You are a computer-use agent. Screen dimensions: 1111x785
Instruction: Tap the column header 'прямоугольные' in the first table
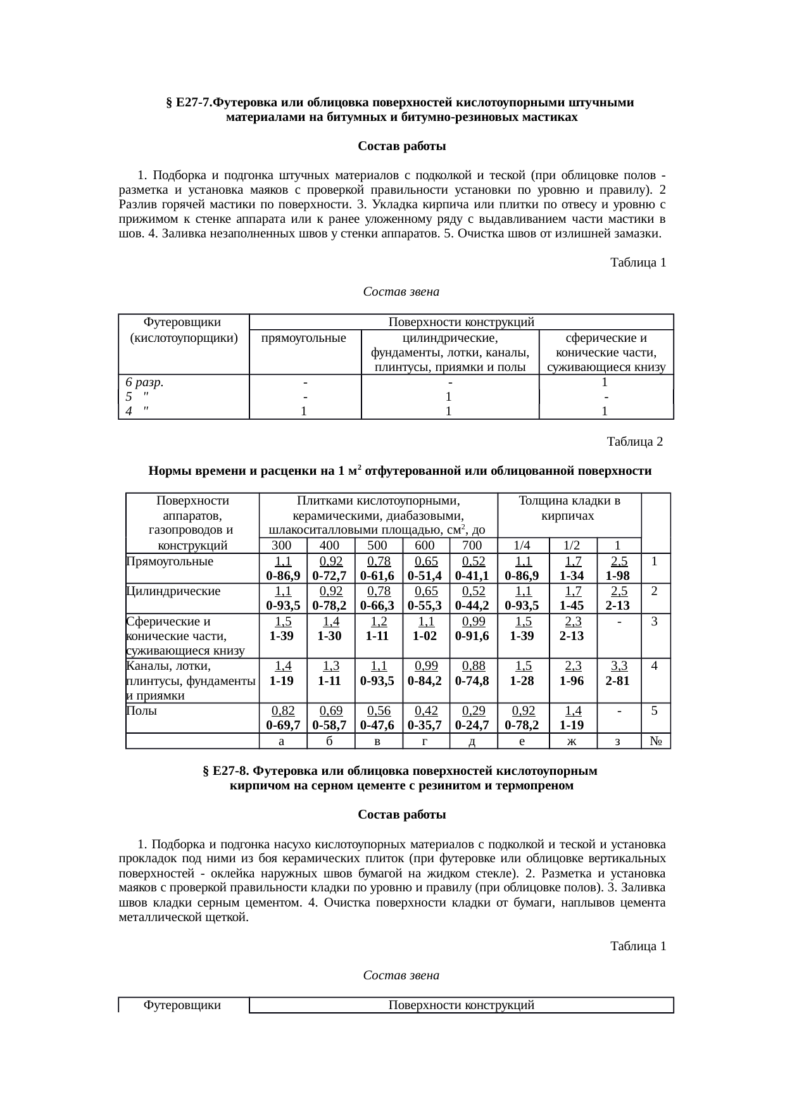point(305,337)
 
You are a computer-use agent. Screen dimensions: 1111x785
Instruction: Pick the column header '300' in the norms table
point(281,546)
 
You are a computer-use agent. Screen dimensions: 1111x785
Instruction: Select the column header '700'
point(472,546)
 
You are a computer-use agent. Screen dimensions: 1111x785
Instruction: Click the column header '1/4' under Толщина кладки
point(522,546)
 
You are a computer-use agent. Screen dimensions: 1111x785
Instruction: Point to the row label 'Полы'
point(141,710)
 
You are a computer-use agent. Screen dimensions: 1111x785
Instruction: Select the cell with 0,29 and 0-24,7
point(472,717)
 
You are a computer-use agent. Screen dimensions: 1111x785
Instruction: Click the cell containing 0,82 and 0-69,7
point(282,717)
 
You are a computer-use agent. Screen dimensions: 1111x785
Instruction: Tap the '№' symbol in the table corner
point(656,741)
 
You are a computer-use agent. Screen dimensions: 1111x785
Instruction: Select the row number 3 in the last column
point(656,621)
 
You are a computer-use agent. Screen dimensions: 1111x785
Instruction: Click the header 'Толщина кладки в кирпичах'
point(568,508)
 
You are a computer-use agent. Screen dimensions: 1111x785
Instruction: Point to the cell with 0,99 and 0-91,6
point(472,629)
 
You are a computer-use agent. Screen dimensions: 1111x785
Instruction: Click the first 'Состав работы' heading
point(401,147)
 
